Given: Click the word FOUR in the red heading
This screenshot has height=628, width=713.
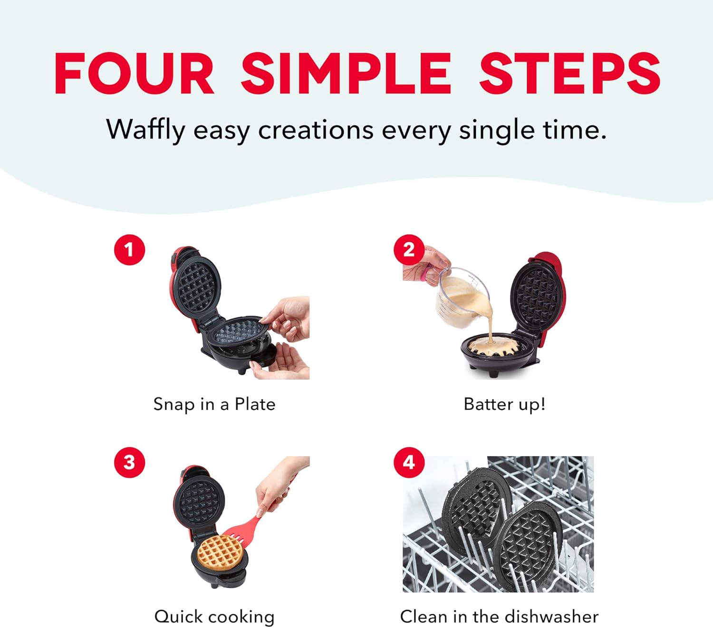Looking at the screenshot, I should pos(135,74).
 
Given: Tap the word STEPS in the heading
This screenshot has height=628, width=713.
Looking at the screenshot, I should pos(569,74).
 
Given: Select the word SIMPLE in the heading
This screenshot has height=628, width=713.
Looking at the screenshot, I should pos(346,74).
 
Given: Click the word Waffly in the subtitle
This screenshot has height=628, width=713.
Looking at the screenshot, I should pos(145,130).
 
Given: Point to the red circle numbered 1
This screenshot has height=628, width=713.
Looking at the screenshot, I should pos(129,249).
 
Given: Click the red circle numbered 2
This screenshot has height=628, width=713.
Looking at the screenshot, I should pos(409,249).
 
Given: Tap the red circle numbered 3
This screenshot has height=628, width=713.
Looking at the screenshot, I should pos(129,462).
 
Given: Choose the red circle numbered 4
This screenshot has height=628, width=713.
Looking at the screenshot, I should pos(409,462).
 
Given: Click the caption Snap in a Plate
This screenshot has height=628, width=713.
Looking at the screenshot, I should pos(214,404).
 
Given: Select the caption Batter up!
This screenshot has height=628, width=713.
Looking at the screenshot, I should pos(504,404).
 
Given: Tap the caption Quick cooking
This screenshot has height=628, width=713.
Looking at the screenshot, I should pos(214,617).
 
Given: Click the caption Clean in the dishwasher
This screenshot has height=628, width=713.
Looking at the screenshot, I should pos(499,617).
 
